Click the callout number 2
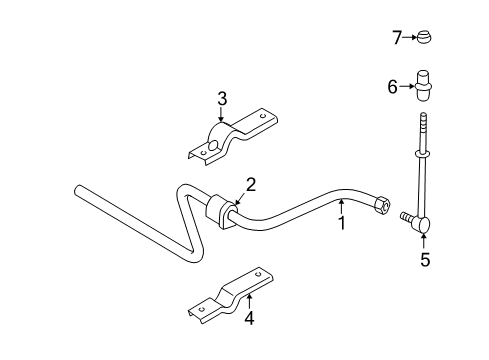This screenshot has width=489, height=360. pyautogui.click(x=251, y=183)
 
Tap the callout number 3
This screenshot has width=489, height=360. pyautogui.click(x=223, y=98)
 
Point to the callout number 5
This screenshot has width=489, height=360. pyautogui.click(x=425, y=259)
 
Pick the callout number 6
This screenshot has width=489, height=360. pyautogui.click(x=393, y=87)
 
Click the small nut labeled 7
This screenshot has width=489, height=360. pyautogui.click(x=425, y=38)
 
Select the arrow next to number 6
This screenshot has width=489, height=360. pyautogui.click(x=407, y=87)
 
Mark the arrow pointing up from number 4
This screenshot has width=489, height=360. pyautogui.click(x=250, y=301)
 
